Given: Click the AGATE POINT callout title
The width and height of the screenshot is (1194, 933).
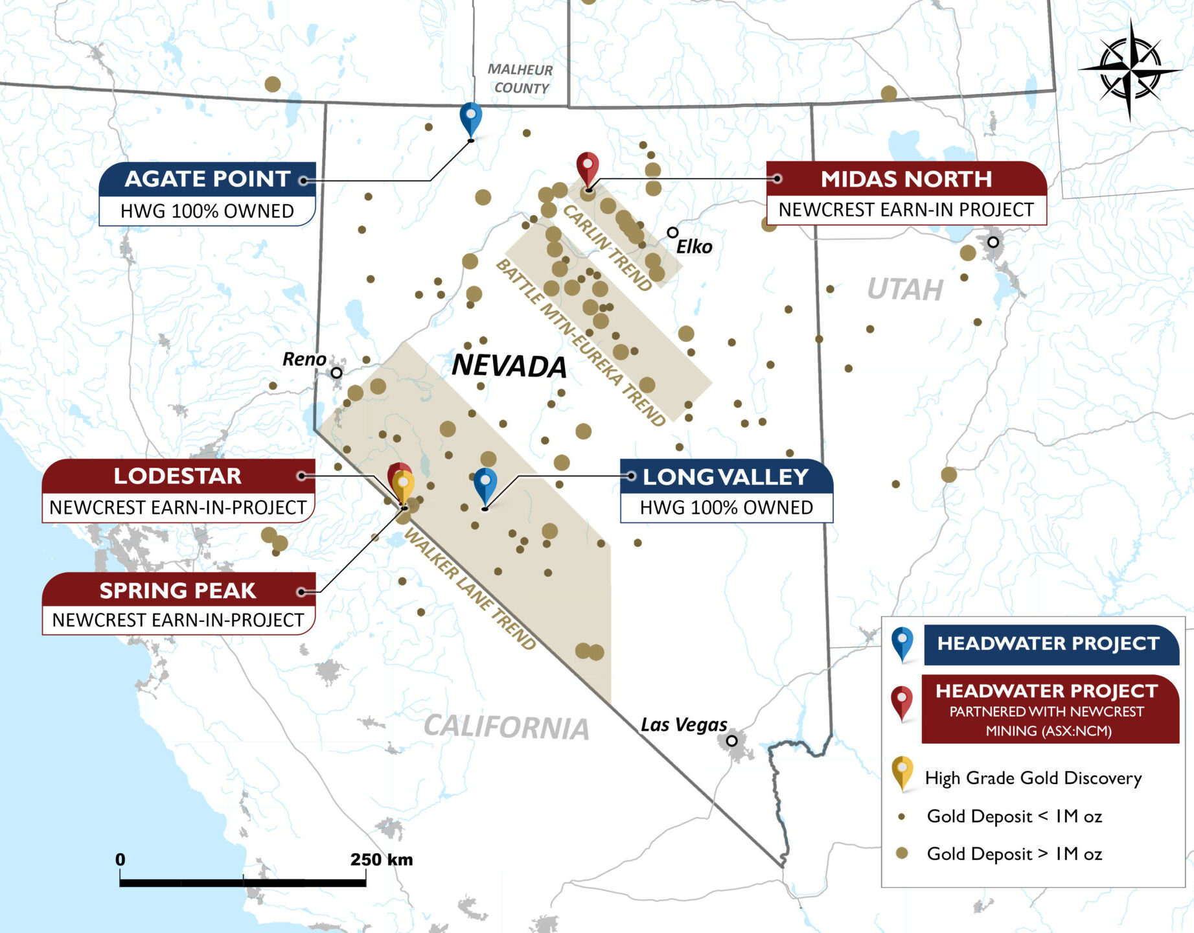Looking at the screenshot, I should coord(207,179).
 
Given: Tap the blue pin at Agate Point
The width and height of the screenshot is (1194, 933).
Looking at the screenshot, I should coord(471,117).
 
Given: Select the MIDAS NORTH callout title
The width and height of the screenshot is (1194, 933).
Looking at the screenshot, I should coord(906,179).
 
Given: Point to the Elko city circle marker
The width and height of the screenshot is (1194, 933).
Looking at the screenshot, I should coord(672,232).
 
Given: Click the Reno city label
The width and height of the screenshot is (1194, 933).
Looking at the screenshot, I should coord(304,359).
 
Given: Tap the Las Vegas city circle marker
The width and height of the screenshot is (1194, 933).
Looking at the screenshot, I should coord(732,740).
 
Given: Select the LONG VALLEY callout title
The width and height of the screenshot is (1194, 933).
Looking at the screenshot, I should coord(726,477).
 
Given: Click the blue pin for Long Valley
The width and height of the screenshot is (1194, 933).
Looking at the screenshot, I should coord(485,483).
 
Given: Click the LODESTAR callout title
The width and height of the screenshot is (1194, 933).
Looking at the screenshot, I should coord(178,476).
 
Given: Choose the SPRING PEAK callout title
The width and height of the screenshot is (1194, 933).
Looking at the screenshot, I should coord(178,590).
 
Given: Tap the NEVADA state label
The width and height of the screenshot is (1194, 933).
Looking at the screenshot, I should coord(509,366).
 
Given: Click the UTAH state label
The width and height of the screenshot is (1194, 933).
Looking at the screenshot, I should coord(905,289).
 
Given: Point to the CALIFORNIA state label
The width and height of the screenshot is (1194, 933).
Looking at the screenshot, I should coord(507,727).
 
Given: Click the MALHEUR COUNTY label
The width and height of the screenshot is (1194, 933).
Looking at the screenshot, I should coord(520,78).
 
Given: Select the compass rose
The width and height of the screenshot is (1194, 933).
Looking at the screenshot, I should coord(1130,69).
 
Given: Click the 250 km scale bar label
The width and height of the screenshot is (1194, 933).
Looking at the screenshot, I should coord(381,860).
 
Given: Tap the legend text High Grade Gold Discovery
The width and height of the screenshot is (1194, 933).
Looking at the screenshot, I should coord(1033,777).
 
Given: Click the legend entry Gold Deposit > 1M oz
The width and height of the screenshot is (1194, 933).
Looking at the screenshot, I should coord(1014,853).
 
